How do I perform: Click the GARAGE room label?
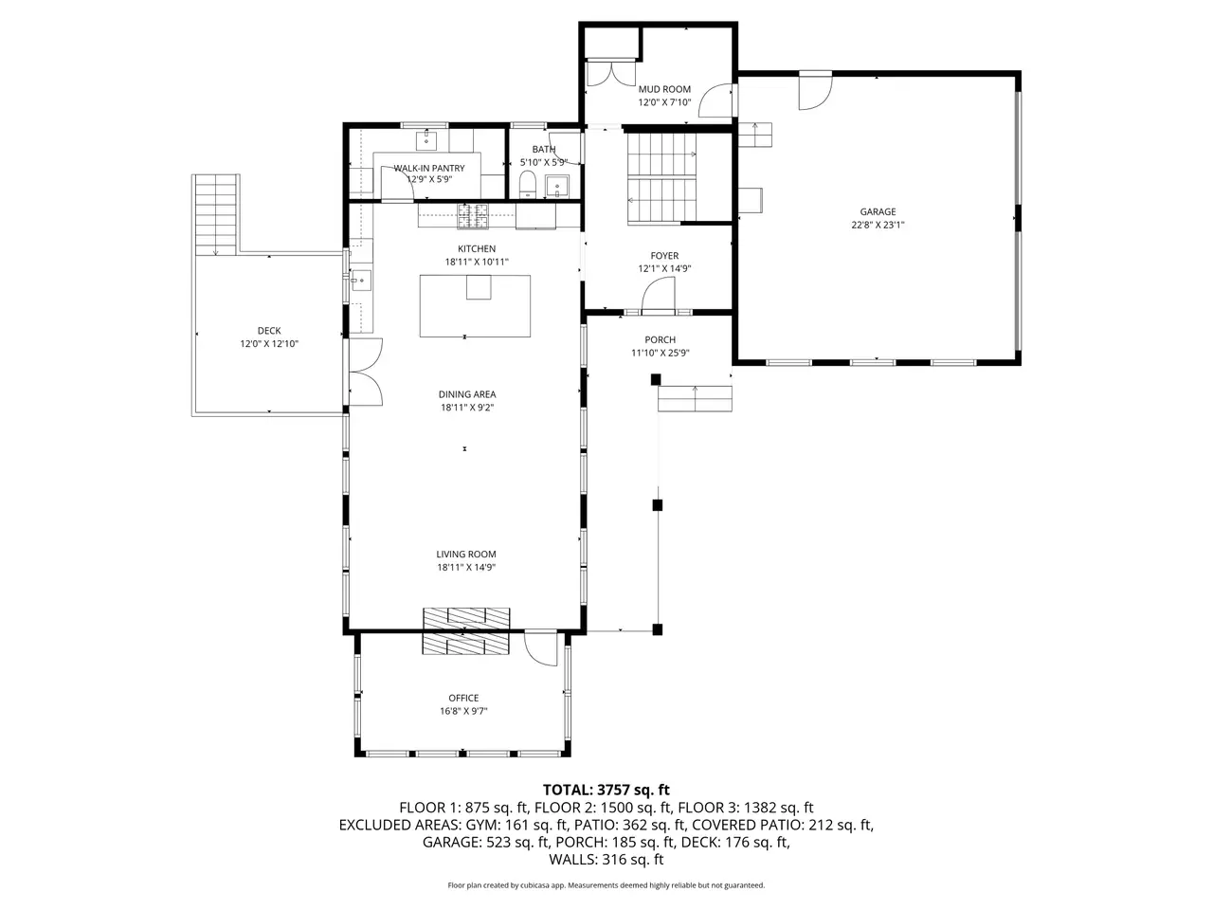(x=878, y=211)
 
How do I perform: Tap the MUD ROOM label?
(x=664, y=89)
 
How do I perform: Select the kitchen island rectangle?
(x=475, y=305)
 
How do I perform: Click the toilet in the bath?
(x=528, y=184)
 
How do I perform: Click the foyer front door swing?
(x=659, y=296)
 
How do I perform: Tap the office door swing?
(x=540, y=647)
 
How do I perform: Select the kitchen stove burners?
(x=473, y=215)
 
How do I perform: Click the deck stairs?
(x=216, y=214)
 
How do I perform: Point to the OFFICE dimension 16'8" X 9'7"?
(x=463, y=711)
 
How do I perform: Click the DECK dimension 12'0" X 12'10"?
(x=269, y=344)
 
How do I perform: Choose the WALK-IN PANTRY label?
(x=429, y=168)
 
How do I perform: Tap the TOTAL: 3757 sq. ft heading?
(x=606, y=790)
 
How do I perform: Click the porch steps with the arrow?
(x=695, y=399)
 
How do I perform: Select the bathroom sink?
(x=557, y=186)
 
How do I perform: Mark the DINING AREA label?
(x=467, y=394)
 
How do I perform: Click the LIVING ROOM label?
(x=466, y=555)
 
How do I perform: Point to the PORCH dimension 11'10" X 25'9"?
(x=661, y=353)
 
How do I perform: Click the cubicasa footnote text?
(x=606, y=885)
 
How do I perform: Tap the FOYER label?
(x=664, y=256)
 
